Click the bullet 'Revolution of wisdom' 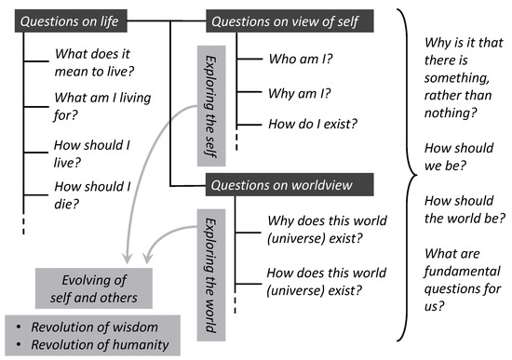pyautogui.click(x=92, y=328)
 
